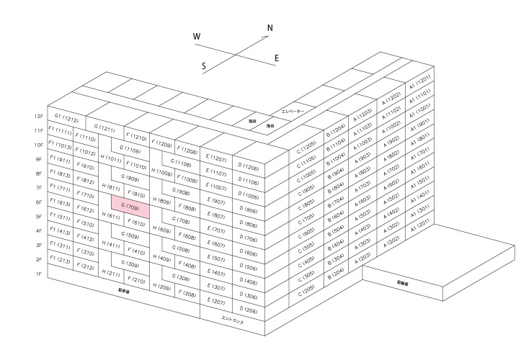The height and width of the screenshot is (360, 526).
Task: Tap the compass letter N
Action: coord(270,29)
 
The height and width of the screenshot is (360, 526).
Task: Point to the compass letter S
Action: coord(205,66)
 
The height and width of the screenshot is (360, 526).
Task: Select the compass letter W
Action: coord(197,36)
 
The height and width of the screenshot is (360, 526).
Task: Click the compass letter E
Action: coord(277,58)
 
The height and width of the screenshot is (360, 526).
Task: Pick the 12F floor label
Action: coord(39,116)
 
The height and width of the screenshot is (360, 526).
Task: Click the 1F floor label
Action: coord(39,274)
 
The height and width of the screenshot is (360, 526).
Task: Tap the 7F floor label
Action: coord(39,188)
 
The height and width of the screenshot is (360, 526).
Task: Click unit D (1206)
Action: coord(249,166)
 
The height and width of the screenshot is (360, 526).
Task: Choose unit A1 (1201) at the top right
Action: coord(419,80)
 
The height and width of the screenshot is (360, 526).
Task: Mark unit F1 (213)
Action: coord(60,261)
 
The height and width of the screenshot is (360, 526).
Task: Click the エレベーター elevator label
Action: coord(293,112)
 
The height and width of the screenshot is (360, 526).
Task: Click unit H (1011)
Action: coord(111,158)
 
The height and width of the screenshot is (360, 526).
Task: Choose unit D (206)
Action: coord(249,310)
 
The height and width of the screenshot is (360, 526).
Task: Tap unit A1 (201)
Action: coord(419,224)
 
